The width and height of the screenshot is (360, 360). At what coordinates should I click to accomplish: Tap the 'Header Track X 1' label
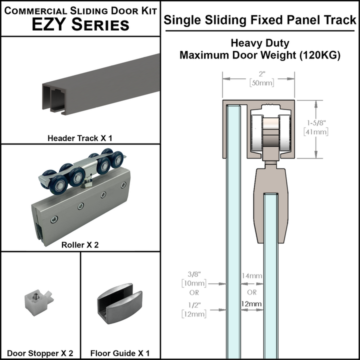coord(80,137)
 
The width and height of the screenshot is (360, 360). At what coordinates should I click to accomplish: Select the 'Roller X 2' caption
coord(80,245)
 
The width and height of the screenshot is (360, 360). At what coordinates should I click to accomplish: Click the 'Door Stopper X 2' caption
coord(40,353)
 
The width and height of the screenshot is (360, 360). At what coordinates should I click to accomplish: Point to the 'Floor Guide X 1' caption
coord(120,353)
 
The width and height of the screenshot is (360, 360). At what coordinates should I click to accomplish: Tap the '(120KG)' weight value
coord(320,55)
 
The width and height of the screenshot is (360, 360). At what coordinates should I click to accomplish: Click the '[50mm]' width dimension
coord(258,83)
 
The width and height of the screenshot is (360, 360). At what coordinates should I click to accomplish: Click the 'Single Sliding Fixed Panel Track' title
coord(260,20)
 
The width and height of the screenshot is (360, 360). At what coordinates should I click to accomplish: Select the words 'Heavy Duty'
coord(260,44)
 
